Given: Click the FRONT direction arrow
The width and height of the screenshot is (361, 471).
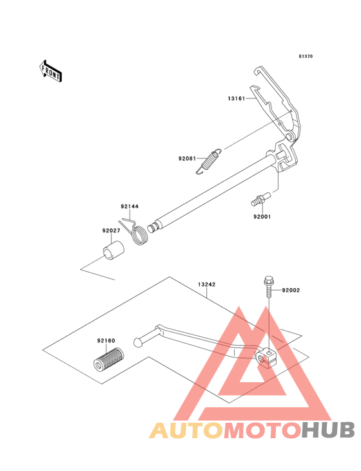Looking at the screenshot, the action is tap(50, 71).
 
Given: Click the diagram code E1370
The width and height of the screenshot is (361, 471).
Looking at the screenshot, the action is tap(306, 56).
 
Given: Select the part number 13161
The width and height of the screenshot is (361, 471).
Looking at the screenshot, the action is tap(237, 98).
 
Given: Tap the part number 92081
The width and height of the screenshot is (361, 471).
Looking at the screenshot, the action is tap(187, 158).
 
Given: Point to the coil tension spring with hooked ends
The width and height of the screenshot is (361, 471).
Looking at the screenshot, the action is tap(209, 161).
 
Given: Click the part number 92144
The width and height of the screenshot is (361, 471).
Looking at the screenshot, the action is tap(130, 207).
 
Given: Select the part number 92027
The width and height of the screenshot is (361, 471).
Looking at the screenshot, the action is tap(111, 231).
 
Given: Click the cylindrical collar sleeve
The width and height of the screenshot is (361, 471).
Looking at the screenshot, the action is tap(113, 250).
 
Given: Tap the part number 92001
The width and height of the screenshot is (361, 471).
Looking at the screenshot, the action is tap(262, 217).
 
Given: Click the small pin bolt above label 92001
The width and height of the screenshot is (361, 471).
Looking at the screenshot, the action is tap(261, 199).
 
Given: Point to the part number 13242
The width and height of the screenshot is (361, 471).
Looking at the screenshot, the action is tap(207, 284).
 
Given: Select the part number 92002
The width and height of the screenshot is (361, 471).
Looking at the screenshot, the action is tap(291, 290).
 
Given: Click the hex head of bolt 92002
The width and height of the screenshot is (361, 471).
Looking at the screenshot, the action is tap(268, 281).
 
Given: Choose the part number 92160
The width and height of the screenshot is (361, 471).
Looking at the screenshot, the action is tap(106, 340).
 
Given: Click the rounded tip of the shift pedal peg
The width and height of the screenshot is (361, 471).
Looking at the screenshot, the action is tap(137, 342).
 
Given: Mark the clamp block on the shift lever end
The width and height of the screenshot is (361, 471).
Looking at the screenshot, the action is tap(266, 358).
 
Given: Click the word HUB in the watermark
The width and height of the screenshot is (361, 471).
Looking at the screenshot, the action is tap(329, 430).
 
